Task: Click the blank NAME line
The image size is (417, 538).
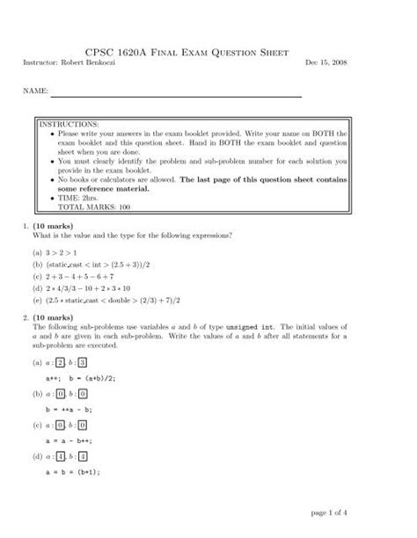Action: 175,95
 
